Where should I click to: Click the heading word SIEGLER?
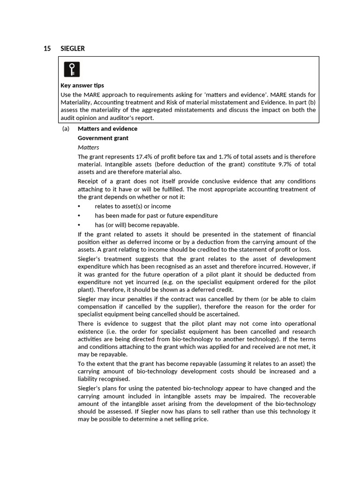point(73,49)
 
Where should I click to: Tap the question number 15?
point(47,49)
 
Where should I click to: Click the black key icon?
point(72,69)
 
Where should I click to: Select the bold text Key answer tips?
point(82,85)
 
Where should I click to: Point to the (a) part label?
point(66,128)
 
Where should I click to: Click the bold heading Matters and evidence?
point(107,128)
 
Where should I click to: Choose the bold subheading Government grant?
point(103,138)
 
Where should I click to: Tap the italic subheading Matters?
point(89,147)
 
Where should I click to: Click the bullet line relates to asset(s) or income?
point(133,206)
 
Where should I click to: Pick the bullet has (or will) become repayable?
point(136,225)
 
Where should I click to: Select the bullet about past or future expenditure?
point(156,216)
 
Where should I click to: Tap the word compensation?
point(96,307)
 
